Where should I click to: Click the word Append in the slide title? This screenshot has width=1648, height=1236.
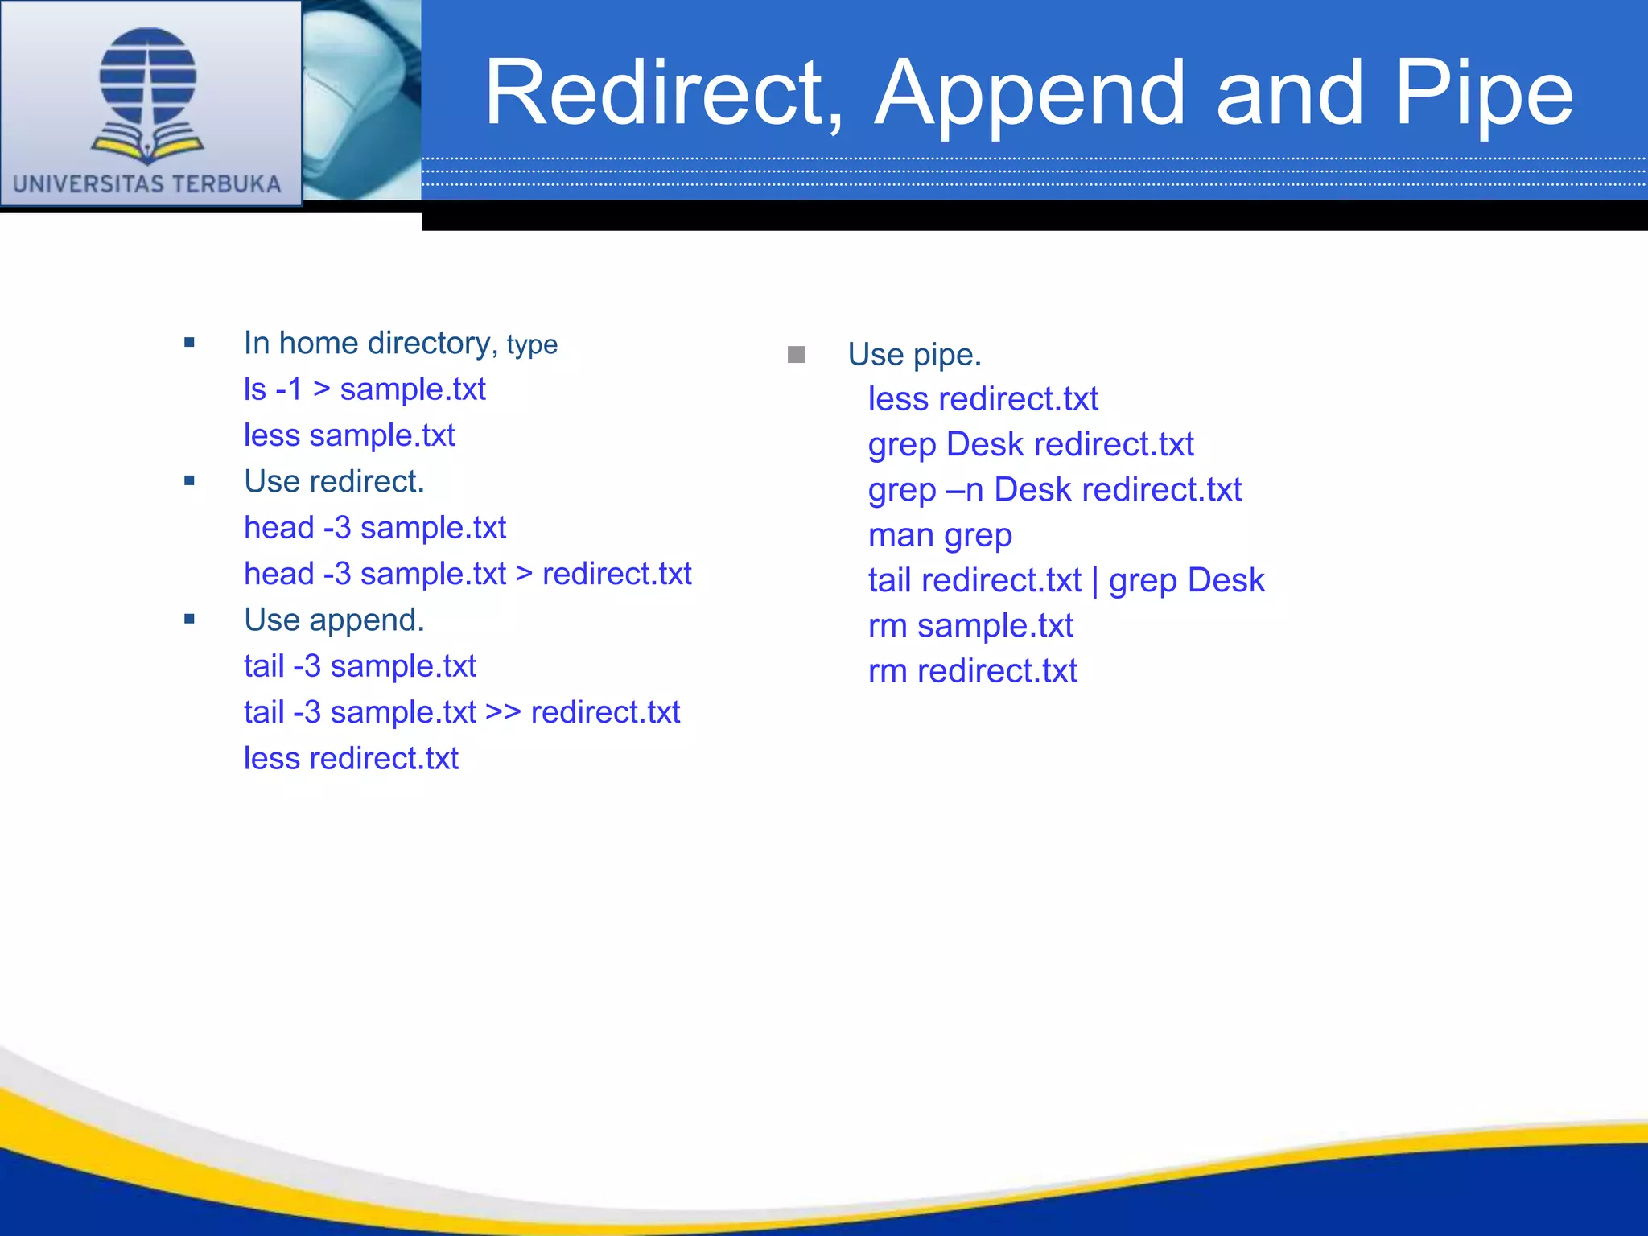(1030, 95)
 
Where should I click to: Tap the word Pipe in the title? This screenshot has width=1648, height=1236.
(1483, 95)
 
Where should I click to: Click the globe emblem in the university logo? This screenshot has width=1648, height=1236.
(148, 76)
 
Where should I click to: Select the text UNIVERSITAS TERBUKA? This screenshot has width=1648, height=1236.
(147, 184)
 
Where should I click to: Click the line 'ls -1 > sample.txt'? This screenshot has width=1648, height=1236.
(365, 389)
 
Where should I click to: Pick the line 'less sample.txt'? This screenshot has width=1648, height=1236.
(349, 435)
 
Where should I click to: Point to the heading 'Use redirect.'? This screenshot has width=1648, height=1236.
(334, 481)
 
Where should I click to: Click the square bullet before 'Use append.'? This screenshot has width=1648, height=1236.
(189, 619)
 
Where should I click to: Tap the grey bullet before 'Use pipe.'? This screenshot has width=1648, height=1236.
(796, 355)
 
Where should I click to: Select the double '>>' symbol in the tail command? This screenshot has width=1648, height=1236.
(504, 712)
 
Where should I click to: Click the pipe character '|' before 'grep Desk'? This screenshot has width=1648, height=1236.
(1095, 581)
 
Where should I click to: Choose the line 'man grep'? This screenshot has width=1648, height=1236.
(940, 535)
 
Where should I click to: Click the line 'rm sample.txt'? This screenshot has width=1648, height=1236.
(970, 626)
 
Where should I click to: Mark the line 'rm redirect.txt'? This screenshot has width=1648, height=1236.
(972, 671)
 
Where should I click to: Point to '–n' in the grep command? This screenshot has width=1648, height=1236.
(964, 490)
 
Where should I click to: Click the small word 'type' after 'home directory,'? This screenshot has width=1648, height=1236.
(532, 345)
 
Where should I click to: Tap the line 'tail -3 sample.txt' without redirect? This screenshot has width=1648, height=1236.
(360, 666)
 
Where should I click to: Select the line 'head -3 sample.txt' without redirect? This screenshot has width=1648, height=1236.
(375, 528)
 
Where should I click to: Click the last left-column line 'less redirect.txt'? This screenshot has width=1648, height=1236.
(351, 758)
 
